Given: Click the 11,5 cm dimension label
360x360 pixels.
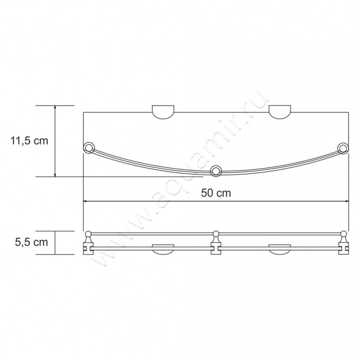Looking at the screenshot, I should pos(29,141).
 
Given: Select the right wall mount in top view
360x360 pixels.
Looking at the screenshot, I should pos(280,113).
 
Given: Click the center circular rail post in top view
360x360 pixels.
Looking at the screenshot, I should pos(216,170).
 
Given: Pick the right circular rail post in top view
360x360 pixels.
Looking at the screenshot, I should pos(343,148).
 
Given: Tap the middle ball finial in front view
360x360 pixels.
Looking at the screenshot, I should pos(216,233).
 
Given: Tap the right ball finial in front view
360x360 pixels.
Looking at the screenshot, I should pos(344,233).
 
